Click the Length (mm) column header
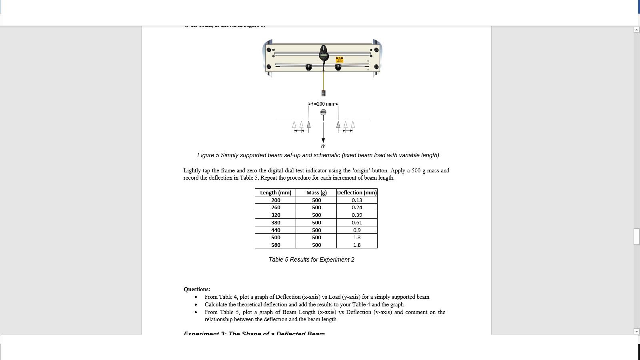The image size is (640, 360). [276, 192]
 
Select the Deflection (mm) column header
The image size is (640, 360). [357, 192]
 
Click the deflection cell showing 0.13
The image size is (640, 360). [357, 200]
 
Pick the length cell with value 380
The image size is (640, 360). [276, 222]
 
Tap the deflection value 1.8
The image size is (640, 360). [357, 245]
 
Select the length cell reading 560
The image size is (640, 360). [276, 245]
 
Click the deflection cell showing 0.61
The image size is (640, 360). [357, 222]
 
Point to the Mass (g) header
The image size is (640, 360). [316, 192]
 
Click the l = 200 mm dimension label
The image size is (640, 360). [323, 104]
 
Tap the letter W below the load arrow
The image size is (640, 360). [323, 146]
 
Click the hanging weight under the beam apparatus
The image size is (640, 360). [323, 93]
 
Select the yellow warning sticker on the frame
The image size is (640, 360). [339, 60]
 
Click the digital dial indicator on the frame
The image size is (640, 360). [324, 54]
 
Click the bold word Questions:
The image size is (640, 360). [197, 289]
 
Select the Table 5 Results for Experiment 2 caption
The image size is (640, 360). [311, 260]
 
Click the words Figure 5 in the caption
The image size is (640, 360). [208, 155]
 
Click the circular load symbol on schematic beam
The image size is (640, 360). [323, 112]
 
